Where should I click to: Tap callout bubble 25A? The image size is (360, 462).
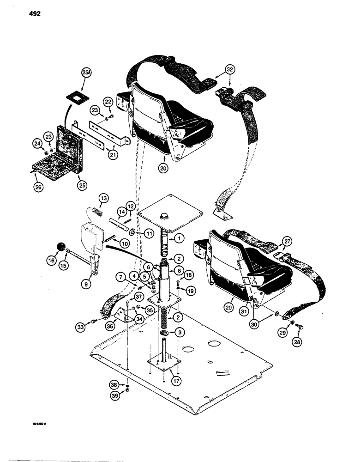(x=86, y=73)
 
